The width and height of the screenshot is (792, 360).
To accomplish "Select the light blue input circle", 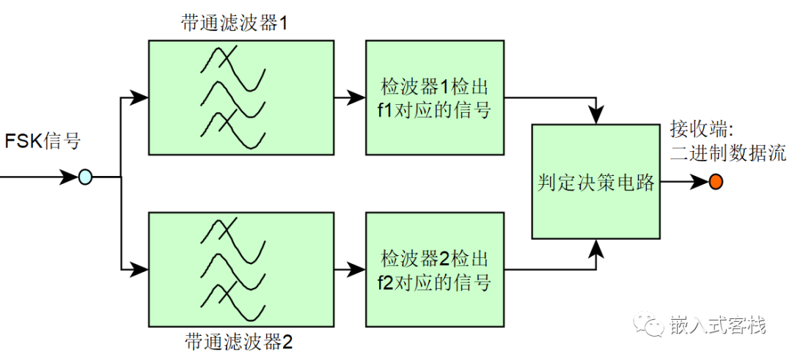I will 86,177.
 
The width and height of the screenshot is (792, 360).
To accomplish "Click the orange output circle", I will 715,181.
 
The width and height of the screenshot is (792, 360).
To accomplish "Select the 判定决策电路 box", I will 595,182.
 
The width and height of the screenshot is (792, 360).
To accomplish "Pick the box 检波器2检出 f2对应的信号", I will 435,270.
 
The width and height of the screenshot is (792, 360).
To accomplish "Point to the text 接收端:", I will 700,129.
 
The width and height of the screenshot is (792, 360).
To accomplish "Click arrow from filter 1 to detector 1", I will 350,97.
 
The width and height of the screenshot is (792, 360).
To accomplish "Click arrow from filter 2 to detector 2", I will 350,270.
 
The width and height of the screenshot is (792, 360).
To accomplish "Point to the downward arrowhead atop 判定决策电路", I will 600,116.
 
